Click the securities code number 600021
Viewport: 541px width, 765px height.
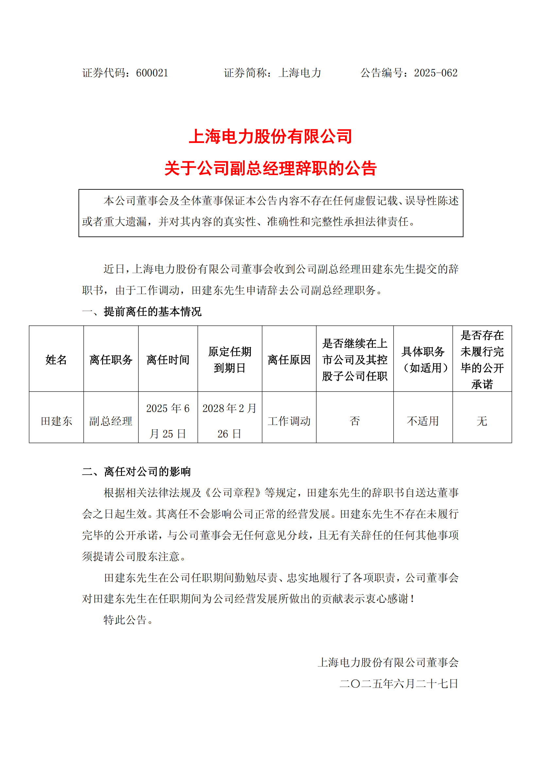pyautogui.click(x=152, y=73)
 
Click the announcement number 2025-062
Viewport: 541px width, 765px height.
pyautogui.click(x=435, y=73)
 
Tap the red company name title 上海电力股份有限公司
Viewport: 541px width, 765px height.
pyautogui.click(x=270, y=137)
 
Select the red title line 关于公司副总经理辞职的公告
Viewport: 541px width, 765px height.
pyautogui.click(x=270, y=168)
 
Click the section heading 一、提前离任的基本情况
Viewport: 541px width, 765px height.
pyautogui.click(x=142, y=312)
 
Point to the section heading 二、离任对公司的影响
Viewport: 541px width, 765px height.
pyautogui.click(x=136, y=472)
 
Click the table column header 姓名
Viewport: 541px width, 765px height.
pyautogui.click(x=56, y=359)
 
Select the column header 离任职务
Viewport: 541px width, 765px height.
pyautogui.click(x=111, y=359)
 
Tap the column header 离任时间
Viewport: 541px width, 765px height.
pyautogui.click(x=168, y=359)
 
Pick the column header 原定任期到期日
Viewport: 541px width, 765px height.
pyautogui.click(x=230, y=359)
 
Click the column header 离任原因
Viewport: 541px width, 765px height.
pyautogui.click(x=289, y=359)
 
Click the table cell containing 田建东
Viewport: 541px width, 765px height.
pyautogui.click(x=56, y=421)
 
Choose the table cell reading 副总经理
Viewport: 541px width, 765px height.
pyautogui.click(x=111, y=421)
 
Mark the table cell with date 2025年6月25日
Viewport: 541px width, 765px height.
pyautogui.click(x=168, y=421)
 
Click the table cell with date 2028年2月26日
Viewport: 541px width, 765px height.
pyautogui.click(x=230, y=421)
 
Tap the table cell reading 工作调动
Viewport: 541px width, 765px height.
pyautogui.click(x=289, y=421)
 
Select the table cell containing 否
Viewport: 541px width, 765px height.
pyautogui.click(x=355, y=421)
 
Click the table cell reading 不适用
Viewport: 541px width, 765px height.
pyautogui.click(x=423, y=421)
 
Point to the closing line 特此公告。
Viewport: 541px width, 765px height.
pyautogui.click(x=128, y=619)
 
